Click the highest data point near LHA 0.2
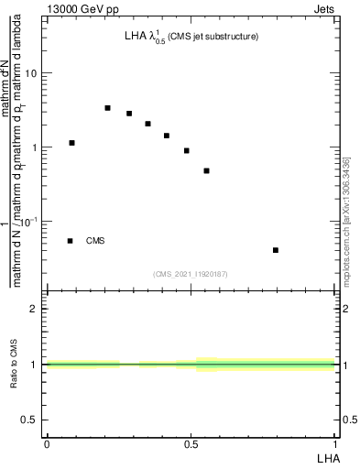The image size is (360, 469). tap(107, 108)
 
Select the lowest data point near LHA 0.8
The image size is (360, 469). tap(276, 250)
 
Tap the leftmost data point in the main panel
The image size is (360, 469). tap(71, 143)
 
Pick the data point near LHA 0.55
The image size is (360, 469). tap(207, 170)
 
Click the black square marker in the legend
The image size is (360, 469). tap(70, 241)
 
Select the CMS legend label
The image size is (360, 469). tap(95, 241)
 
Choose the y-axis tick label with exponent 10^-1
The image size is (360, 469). tap(31, 221)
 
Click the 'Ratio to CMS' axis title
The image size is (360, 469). tap(15, 364)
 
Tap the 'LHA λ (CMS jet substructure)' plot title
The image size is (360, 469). tap(191, 38)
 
